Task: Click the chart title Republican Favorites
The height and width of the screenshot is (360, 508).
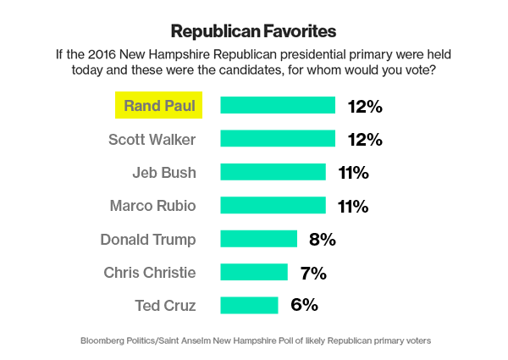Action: click(x=254, y=31)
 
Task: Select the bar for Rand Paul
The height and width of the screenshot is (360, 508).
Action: click(x=278, y=106)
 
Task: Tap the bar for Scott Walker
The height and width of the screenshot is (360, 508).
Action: click(x=278, y=139)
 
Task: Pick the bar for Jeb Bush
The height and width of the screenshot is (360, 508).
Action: click(x=273, y=172)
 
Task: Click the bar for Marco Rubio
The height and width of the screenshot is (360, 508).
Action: click(x=273, y=205)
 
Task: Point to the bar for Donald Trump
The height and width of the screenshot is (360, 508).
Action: click(x=258, y=238)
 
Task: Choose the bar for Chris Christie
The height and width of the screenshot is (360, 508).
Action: click(x=255, y=272)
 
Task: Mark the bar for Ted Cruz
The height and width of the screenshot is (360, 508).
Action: click(x=249, y=305)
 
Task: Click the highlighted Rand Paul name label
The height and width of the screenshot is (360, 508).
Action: click(x=160, y=106)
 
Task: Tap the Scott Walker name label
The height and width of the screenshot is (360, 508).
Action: click(x=153, y=139)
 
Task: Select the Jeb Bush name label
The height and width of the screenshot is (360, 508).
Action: click(x=164, y=172)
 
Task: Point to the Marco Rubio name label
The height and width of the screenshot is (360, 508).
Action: click(x=153, y=205)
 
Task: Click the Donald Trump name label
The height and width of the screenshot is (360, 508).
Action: click(x=148, y=239)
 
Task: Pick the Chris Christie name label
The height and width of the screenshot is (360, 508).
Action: click(x=150, y=272)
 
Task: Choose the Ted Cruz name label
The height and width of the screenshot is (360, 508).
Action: click(x=165, y=305)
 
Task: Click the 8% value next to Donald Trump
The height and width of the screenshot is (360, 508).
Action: click(x=323, y=239)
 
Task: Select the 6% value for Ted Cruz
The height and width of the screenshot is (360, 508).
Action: click(x=304, y=305)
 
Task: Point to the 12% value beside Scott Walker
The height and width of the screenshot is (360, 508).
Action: click(x=365, y=139)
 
